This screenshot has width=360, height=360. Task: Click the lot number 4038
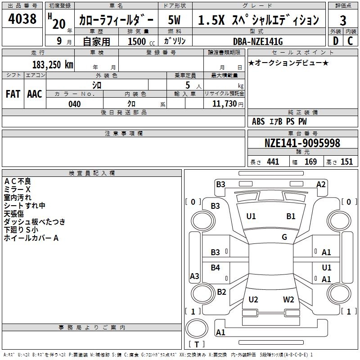pos(22,19)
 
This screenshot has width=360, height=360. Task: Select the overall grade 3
pos(343,21)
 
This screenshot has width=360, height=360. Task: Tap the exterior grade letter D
pos(335,41)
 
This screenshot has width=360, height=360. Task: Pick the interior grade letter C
pos(350,41)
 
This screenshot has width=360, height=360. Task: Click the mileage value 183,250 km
pos(53,65)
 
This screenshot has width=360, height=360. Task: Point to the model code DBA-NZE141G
pos(258,41)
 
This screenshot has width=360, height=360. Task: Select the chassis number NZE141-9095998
pos(302,143)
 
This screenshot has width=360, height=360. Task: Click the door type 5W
pos(174,20)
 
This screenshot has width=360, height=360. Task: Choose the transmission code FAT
pos(13,94)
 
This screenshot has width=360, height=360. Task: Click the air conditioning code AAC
pos(35,94)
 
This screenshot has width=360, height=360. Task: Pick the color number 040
pos(75,104)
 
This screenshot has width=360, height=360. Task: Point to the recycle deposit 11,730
pos(225,104)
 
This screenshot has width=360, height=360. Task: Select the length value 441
pos(273,162)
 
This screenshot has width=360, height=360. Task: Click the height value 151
pos(346,162)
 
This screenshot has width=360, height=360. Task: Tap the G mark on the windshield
pos(284,237)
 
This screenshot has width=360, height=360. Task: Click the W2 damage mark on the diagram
pos(288,300)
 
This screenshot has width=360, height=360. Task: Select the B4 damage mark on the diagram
pos(216,268)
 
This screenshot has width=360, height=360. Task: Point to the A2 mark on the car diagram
pos(321,184)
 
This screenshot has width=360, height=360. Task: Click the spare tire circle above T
pos(197,328)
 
